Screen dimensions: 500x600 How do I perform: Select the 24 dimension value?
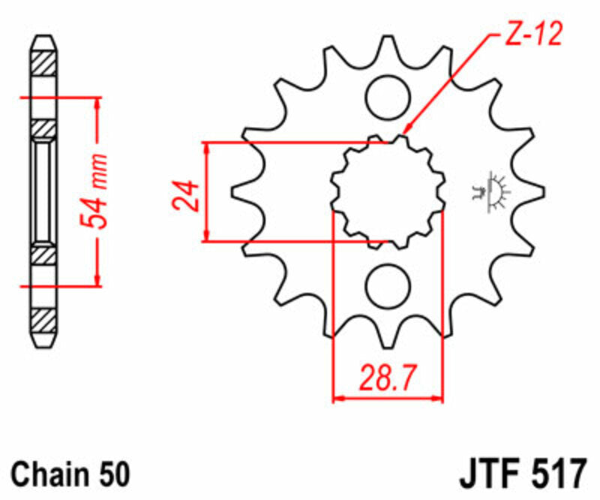point(188,195)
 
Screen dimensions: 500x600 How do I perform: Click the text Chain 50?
point(72,474)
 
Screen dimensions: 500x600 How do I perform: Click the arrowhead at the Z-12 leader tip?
point(404,132)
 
